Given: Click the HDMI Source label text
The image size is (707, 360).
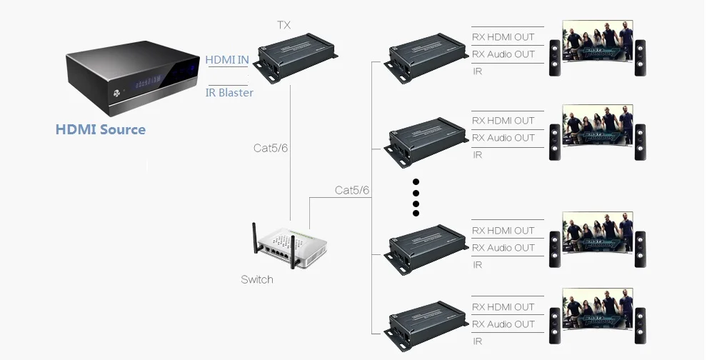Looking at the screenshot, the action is click(101, 129).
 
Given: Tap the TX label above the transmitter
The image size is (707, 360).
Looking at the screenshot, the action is click(284, 25).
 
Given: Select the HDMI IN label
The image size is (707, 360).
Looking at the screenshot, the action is click(227, 59).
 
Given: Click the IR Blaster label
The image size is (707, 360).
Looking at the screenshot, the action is click(229, 92).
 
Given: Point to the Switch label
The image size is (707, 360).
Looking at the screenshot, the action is click(257, 280).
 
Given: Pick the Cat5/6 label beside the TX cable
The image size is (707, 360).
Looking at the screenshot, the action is click(271, 148).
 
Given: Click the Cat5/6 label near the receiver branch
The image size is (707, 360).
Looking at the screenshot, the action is click(351, 191).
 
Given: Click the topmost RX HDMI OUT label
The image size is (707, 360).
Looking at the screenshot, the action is click(503, 37).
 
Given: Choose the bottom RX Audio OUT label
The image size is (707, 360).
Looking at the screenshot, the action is click(503, 324).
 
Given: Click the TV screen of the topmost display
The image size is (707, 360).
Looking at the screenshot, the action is click(598, 41).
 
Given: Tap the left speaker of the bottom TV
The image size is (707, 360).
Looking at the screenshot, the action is click(555, 326).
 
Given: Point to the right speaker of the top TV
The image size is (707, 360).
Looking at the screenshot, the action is click(641, 58).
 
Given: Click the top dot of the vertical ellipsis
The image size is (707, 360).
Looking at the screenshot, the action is click(416, 182).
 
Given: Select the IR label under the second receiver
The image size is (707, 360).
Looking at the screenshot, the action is click(477, 155).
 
